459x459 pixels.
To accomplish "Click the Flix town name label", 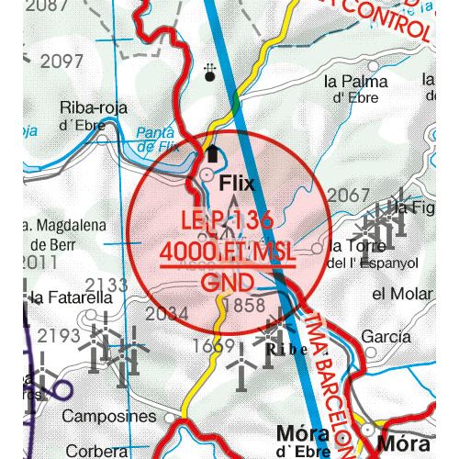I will coord(237,184).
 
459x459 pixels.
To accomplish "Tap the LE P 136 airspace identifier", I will coord(227,221).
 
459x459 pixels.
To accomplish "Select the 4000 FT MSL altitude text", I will coord(227,251).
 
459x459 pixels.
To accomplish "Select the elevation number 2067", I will coord(349,195).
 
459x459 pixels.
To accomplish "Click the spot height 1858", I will coord(249,304).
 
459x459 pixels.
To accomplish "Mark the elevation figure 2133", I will coord(106,285).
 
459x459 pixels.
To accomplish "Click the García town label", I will coord(379,337).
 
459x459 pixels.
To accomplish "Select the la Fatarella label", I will coord(70,297).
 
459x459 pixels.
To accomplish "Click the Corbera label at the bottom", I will coord(97,451).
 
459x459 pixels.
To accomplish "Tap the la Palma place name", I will coord(356,82).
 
